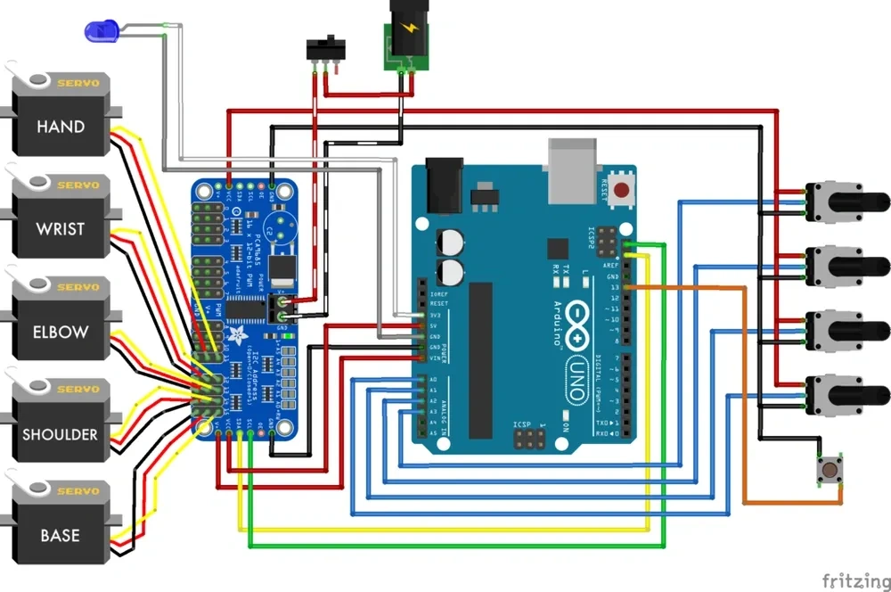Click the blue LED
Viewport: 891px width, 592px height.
tap(100, 32)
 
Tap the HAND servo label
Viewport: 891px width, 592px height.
tap(61, 127)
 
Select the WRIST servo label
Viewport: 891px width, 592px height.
tap(61, 228)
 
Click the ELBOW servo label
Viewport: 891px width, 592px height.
tap(61, 332)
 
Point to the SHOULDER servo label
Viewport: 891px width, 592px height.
tap(61, 434)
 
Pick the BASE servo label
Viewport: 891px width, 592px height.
tap(61, 536)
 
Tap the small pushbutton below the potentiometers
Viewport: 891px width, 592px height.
tap(830, 470)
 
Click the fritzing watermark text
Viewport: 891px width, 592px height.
tap(854, 581)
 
